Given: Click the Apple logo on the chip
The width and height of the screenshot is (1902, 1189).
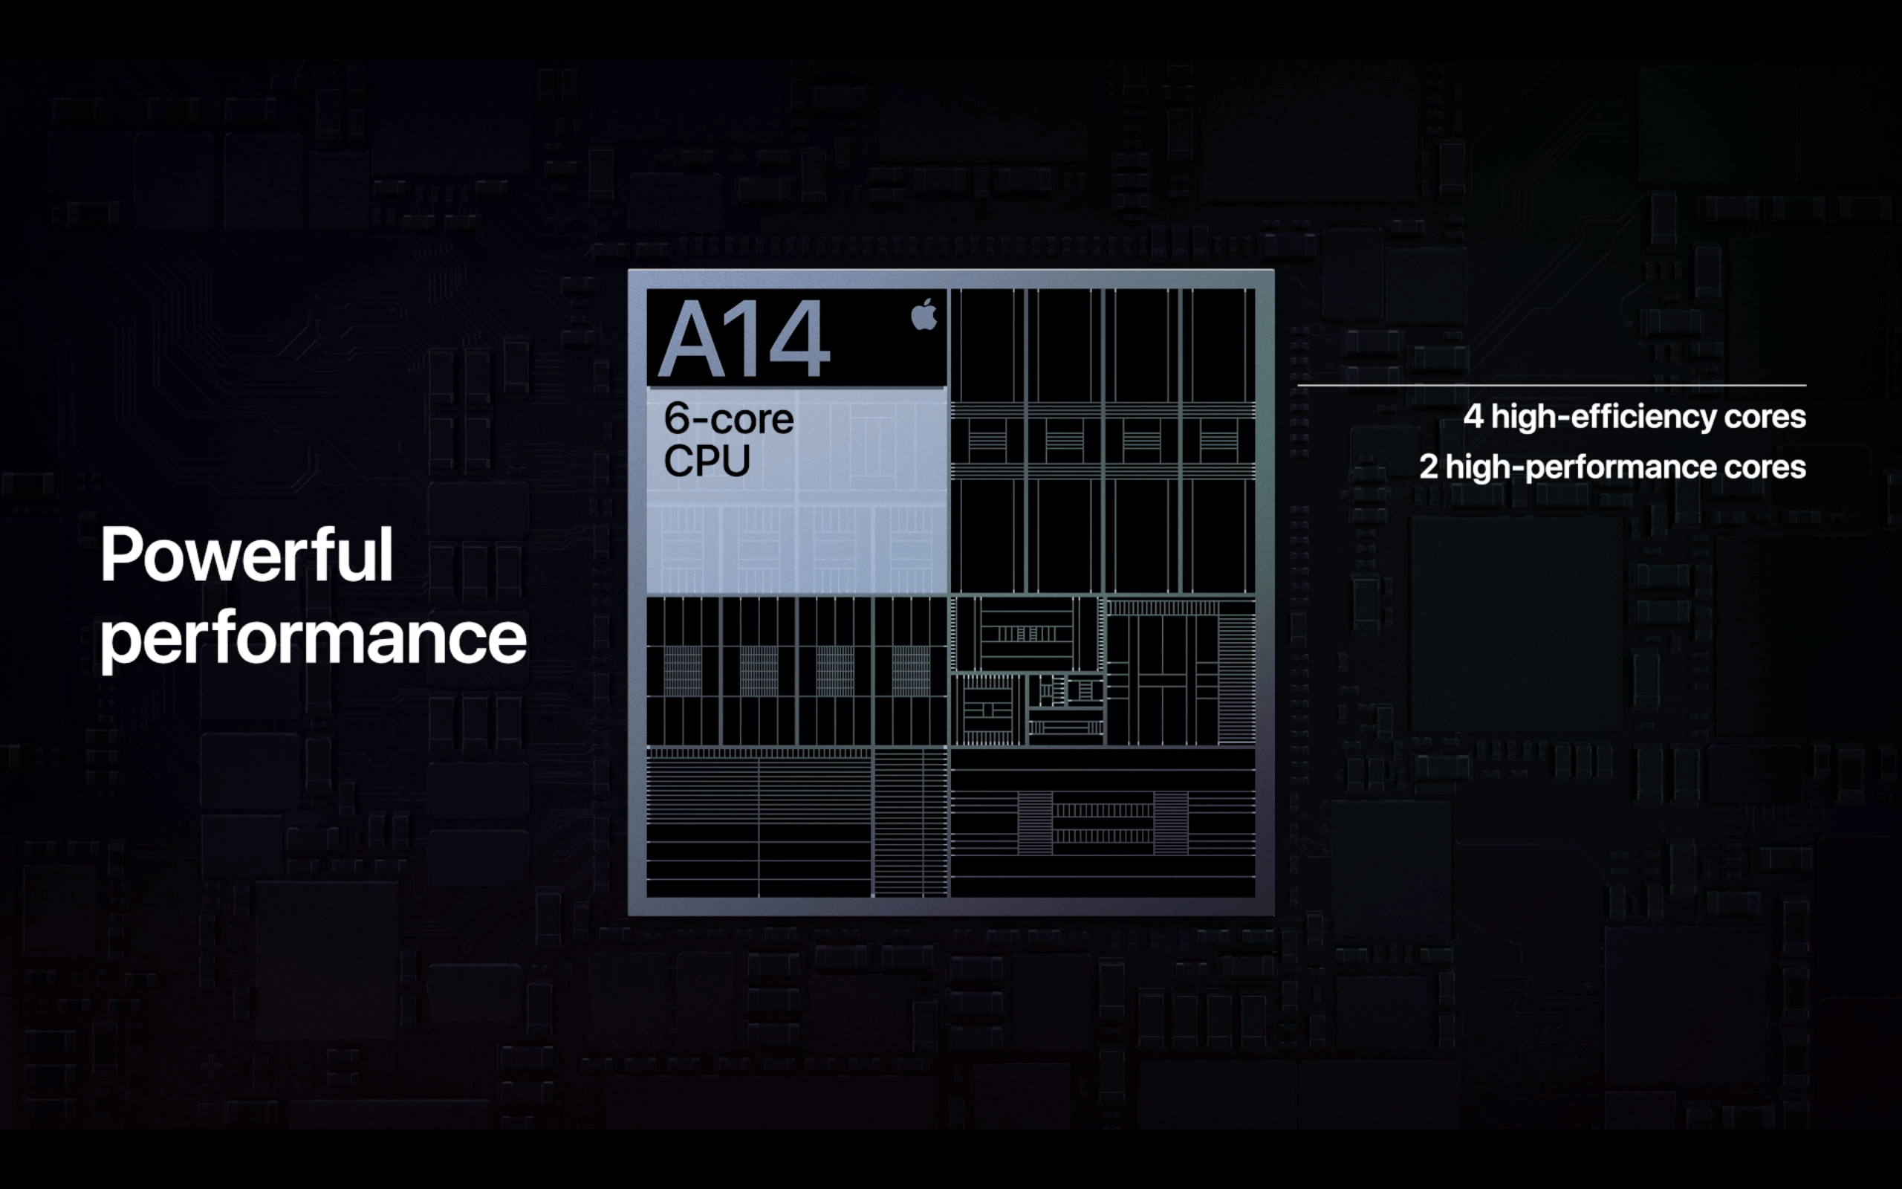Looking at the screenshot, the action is tap(924, 314).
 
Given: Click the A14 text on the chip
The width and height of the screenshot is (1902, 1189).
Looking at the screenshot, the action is tap(744, 339).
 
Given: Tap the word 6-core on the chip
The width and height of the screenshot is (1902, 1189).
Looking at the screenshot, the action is tap(729, 418).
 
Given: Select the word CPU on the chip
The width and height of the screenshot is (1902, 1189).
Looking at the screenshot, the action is tap(707, 461).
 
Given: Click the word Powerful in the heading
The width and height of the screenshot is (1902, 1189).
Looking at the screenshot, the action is tap(247, 555).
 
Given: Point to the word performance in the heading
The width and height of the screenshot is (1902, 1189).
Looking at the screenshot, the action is tap(313, 640).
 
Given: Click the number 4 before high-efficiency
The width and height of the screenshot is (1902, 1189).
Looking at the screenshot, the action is tap(1473, 417).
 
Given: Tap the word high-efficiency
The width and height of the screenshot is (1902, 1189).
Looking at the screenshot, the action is tap(1603, 417).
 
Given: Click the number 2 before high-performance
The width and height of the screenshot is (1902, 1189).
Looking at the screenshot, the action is tap(1428, 467).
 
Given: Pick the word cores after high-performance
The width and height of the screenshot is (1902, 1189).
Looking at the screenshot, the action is tap(1765, 469).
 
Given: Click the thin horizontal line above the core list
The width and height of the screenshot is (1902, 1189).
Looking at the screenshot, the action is tap(1551, 386).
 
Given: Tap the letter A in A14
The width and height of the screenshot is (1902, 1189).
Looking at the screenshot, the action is tap(692, 339).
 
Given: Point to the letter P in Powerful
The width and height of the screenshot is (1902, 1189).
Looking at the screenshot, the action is tap(121, 555).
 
